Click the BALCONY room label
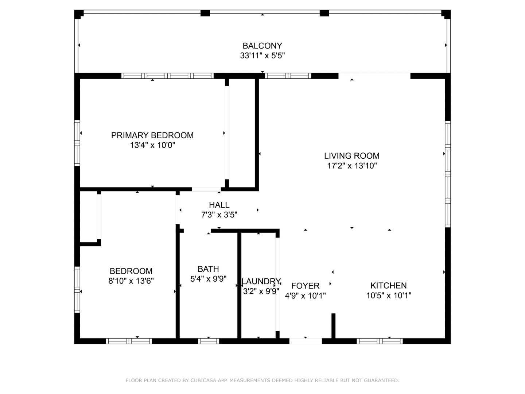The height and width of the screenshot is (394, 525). [262, 46]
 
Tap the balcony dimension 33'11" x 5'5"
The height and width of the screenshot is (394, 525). [262, 55]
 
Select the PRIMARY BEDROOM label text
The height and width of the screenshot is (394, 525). [152, 135]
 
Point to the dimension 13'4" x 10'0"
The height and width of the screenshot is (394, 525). [152, 145]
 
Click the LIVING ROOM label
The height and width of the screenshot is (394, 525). [351, 156]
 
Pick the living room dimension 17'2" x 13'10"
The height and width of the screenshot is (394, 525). [352, 166]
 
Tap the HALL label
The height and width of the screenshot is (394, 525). [219, 205]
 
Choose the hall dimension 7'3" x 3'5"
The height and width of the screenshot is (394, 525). [219, 215]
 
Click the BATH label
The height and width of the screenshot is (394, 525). [208, 269]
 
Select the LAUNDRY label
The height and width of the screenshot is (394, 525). [261, 281]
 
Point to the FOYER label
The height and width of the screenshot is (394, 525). [305, 286]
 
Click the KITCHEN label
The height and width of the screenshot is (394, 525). [388, 285]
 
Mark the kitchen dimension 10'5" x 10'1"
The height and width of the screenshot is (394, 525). [389, 295]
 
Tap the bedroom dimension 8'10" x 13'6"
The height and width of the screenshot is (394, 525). [131, 281]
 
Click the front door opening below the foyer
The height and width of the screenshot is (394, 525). [306, 341]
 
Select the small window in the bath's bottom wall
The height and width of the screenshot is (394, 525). [208, 341]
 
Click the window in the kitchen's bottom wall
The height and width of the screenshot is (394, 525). [380, 341]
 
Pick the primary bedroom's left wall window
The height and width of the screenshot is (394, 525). [77, 143]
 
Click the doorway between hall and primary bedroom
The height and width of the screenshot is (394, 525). [206, 189]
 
